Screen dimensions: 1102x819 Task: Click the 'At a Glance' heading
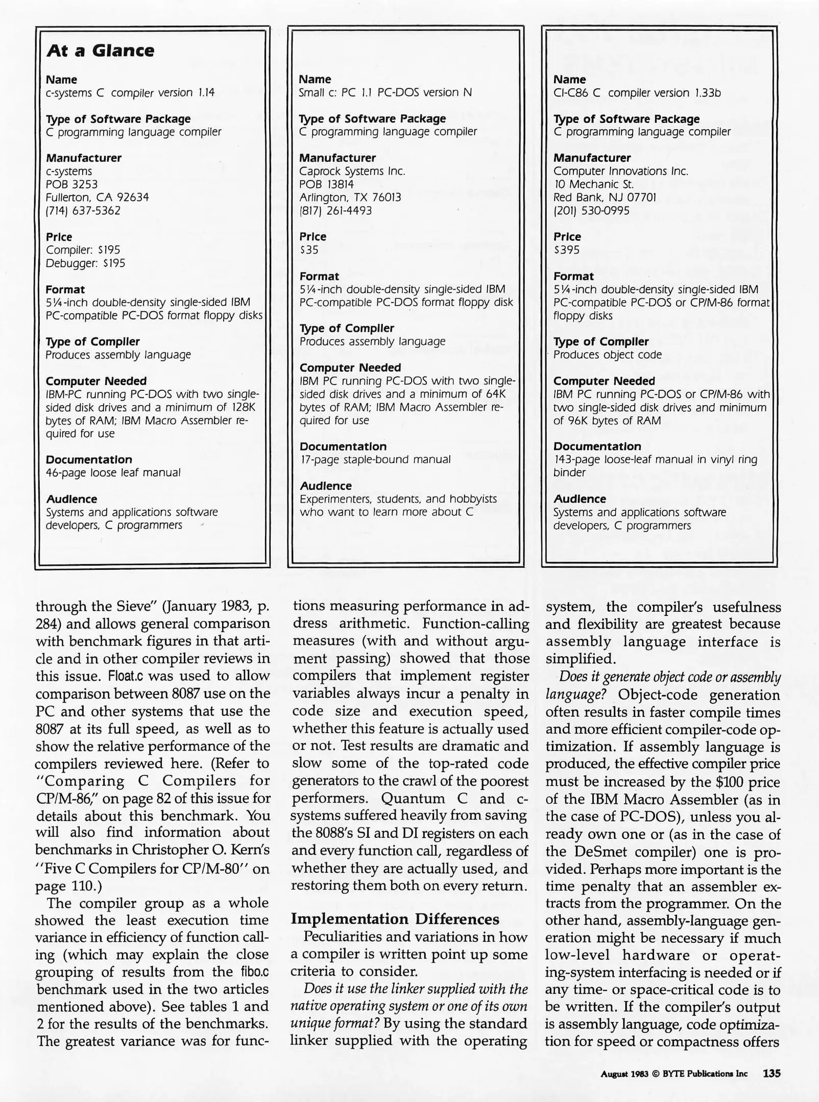click(100, 51)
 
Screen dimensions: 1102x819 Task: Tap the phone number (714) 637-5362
click(83, 211)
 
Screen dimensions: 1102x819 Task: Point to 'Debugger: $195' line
click(85, 263)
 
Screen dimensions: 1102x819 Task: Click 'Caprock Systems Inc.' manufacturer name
click(352, 171)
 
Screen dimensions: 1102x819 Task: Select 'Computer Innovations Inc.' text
click(620, 171)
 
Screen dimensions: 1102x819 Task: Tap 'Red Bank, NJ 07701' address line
click(605, 197)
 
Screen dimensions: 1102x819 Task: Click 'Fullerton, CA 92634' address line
click(97, 197)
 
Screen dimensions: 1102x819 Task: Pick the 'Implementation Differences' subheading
click(395, 919)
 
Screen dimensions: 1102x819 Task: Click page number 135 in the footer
click(772, 1073)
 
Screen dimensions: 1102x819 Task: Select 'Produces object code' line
click(607, 355)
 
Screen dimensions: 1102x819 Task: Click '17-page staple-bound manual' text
click(375, 460)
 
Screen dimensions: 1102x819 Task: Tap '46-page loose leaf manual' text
click(113, 473)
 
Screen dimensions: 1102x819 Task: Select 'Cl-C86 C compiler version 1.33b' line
click(637, 93)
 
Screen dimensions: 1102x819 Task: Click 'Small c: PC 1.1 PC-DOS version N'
click(385, 93)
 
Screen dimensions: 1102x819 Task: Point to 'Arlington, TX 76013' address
click(350, 197)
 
